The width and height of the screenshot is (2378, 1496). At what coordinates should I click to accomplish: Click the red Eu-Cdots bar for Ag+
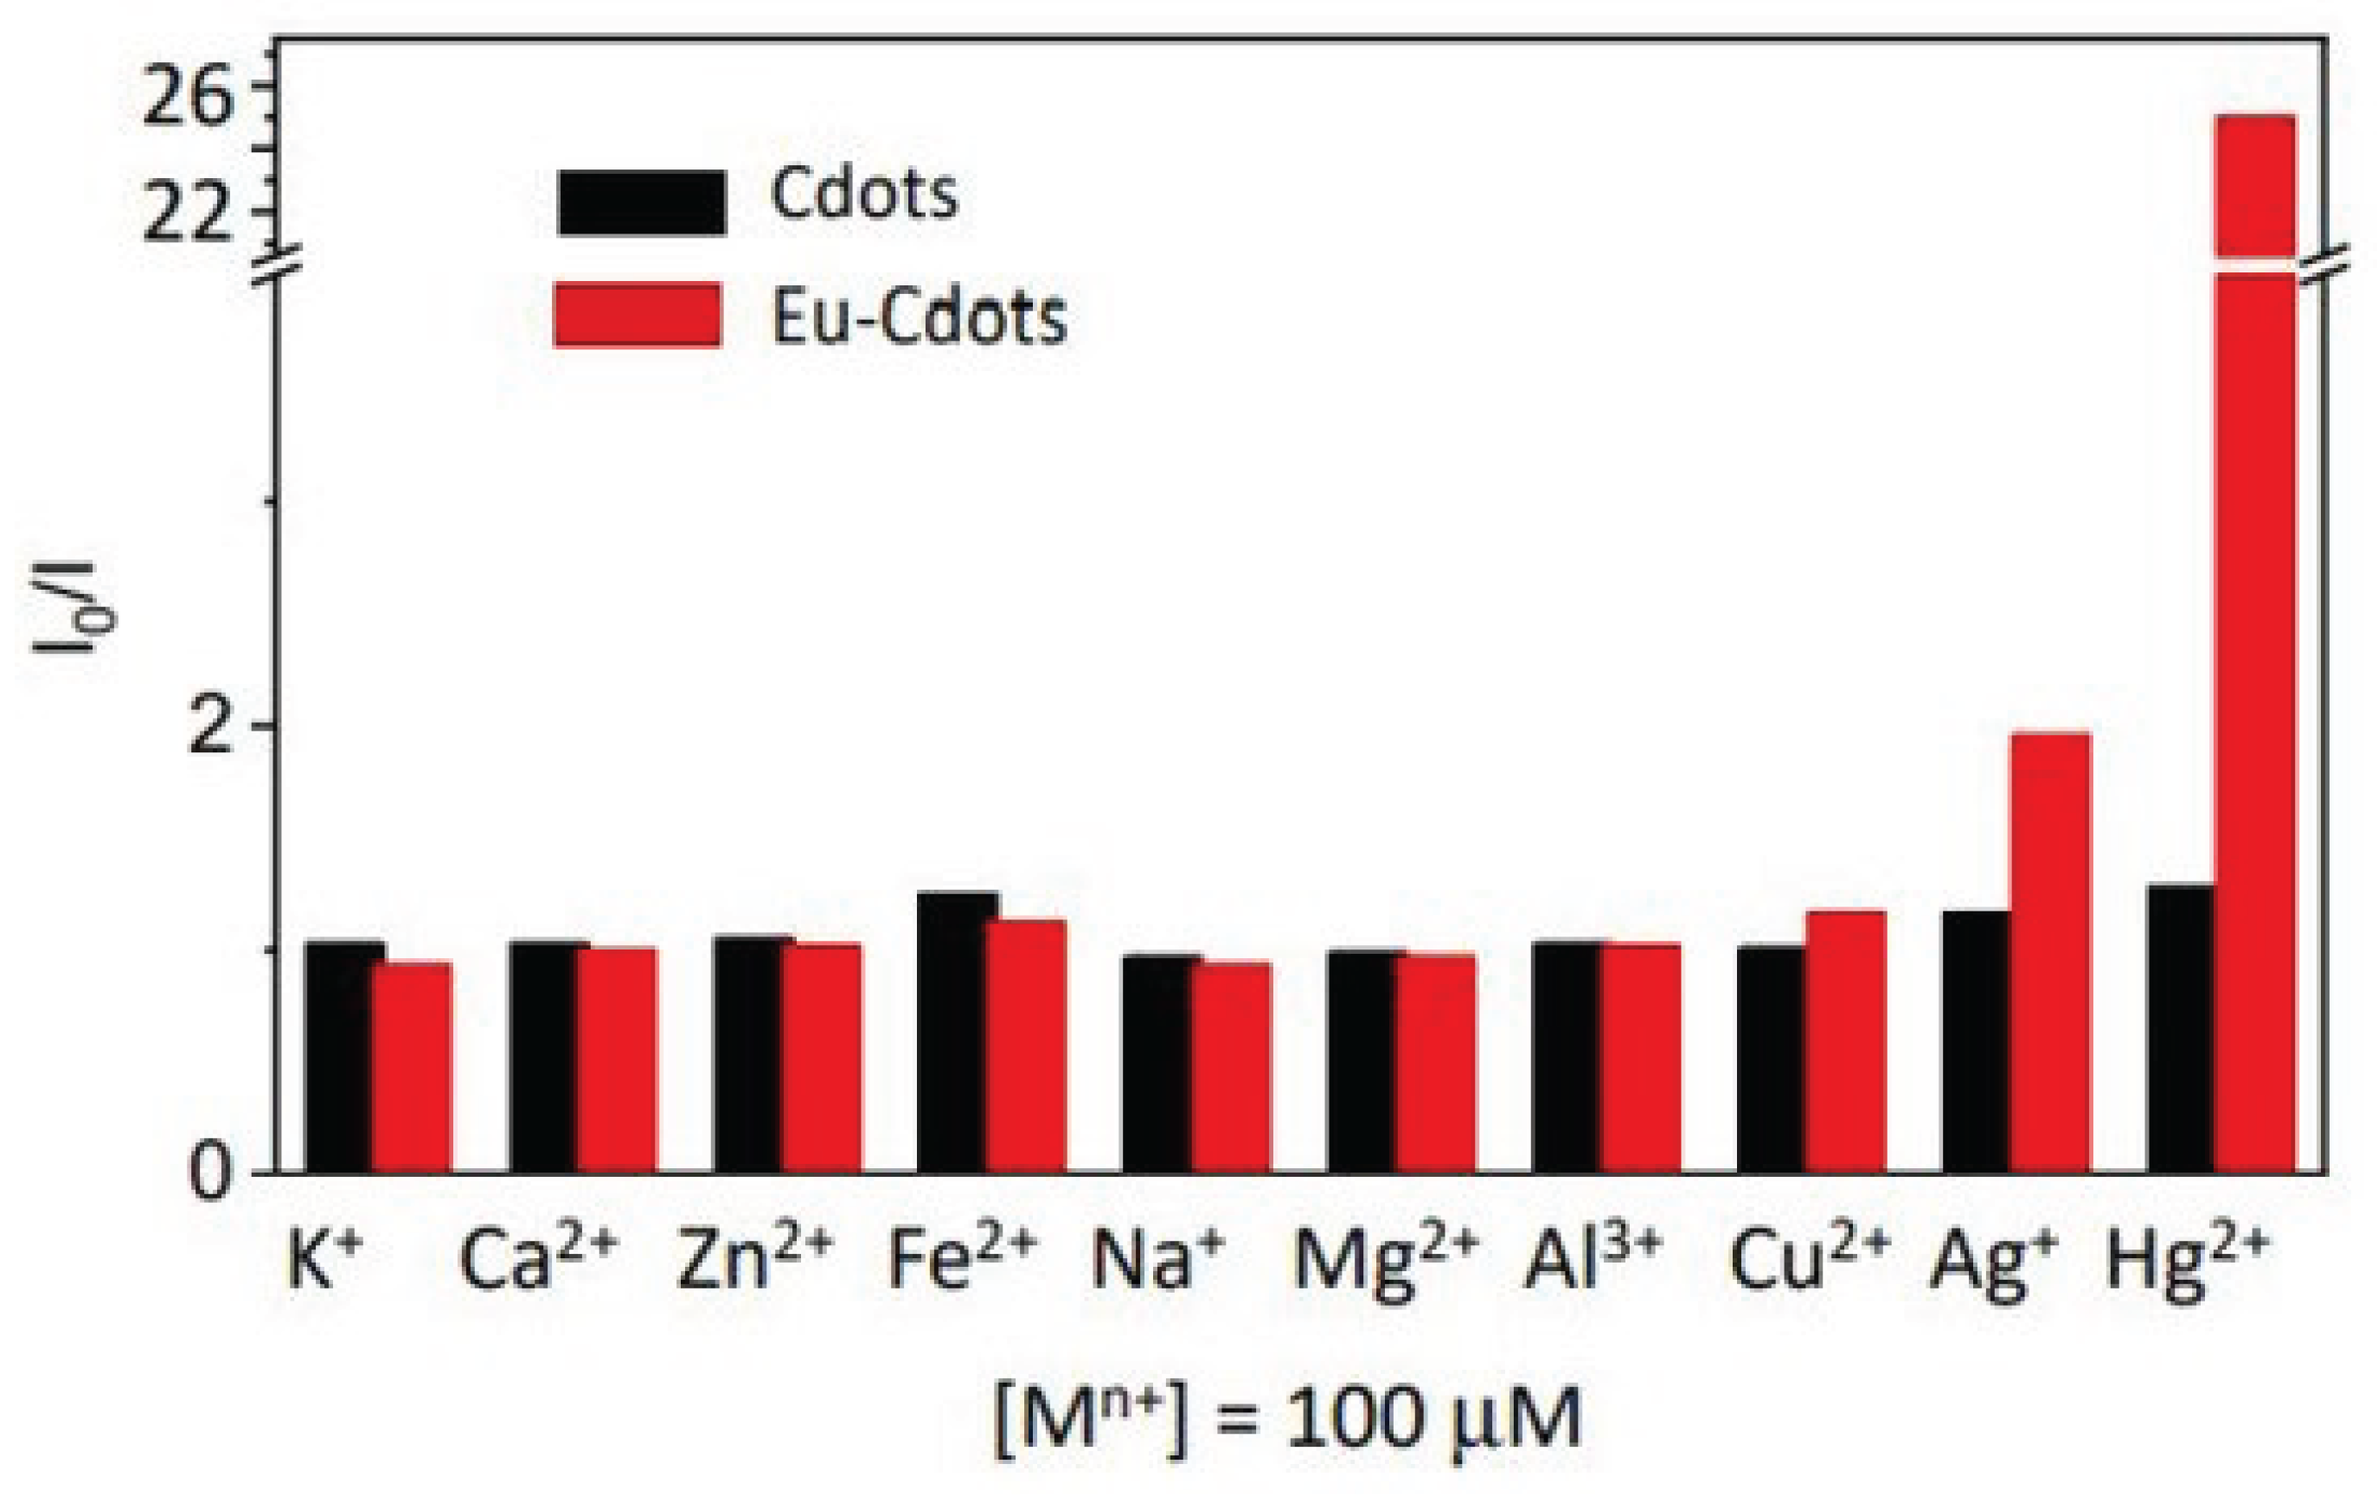[2050, 953]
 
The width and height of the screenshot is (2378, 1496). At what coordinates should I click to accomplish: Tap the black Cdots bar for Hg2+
[2180, 1028]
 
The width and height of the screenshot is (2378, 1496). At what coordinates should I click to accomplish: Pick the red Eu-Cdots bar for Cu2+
[1846, 1042]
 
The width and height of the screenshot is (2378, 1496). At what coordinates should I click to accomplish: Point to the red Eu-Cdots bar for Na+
[1230, 1066]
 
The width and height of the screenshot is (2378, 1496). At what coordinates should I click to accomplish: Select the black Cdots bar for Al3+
[1565, 1057]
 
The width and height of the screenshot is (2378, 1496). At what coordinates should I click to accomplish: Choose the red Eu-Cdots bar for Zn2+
[822, 1058]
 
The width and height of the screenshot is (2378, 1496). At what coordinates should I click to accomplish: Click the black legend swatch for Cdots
[642, 202]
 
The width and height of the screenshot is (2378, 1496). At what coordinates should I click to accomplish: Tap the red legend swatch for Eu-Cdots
[638, 315]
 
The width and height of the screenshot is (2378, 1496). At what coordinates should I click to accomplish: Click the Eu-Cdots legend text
[919, 318]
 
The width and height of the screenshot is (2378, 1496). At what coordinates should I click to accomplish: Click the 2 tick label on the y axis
[211, 728]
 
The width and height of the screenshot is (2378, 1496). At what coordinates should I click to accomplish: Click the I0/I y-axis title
[74, 607]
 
